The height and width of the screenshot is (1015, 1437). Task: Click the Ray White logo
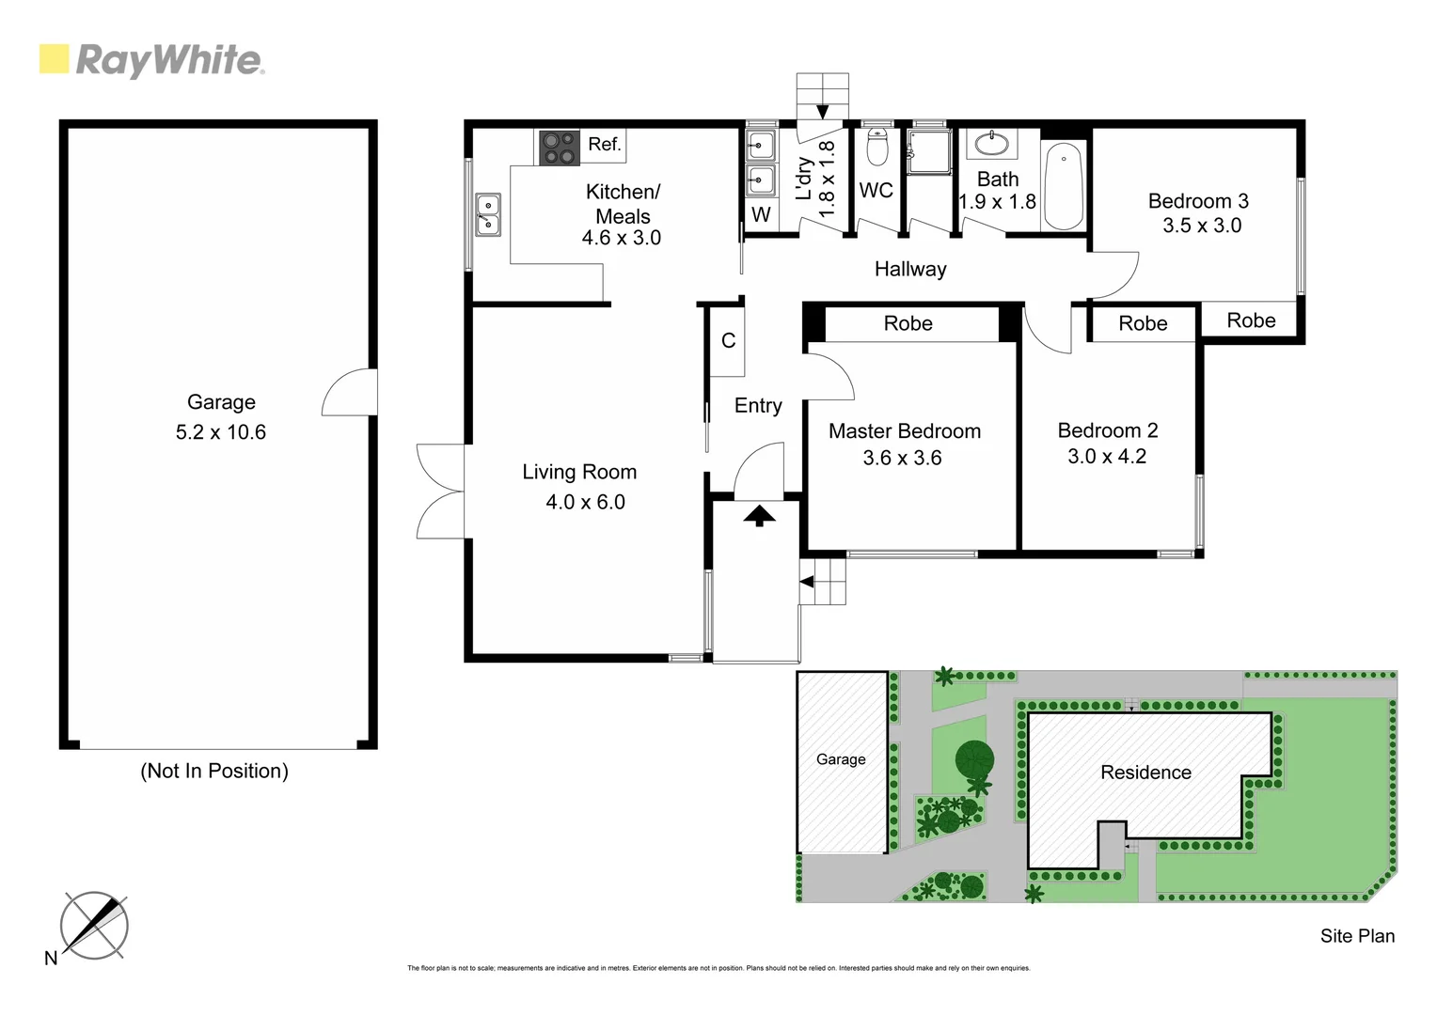point(151,60)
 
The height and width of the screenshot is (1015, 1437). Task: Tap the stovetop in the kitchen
point(559,148)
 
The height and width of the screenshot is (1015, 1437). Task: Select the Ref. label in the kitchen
point(604,144)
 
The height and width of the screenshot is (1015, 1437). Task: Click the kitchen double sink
point(487,214)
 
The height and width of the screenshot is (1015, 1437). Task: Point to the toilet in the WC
point(876,148)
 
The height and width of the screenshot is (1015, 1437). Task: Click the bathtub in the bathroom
point(1063,185)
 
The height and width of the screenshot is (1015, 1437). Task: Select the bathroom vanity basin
point(991,144)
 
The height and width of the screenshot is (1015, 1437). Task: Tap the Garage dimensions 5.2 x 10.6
point(221,432)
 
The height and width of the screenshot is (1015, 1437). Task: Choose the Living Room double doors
point(439,491)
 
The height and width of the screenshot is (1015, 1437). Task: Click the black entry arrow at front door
point(758,515)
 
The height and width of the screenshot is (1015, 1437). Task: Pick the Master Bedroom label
point(904,431)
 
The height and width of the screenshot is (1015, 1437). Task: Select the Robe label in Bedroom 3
point(1251,320)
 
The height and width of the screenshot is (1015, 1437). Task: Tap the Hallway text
point(909,270)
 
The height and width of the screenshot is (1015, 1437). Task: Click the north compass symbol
point(94,926)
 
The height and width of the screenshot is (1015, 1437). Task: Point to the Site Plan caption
point(1356,936)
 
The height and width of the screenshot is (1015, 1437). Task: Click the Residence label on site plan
point(1145,773)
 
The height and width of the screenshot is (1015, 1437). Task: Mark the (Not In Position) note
point(214,772)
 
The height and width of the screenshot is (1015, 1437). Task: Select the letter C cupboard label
point(728,341)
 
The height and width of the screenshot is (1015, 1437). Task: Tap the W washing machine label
point(761,215)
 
